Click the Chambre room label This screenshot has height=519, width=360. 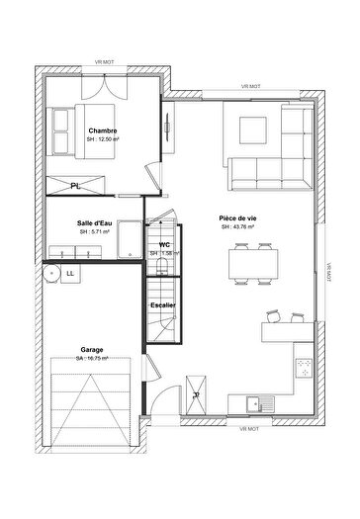pyautogui.click(x=103, y=130)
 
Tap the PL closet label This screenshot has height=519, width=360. pyautogui.click(x=76, y=185)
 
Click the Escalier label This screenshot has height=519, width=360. pyautogui.click(x=163, y=304)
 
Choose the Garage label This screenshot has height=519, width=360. pyautogui.click(x=94, y=349)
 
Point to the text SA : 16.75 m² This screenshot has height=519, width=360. pyautogui.click(x=94, y=358)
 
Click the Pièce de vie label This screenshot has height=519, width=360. pyautogui.click(x=238, y=217)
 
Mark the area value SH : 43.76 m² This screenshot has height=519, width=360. pyautogui.click(x=238, y=227)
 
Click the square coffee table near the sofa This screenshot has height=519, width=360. pyautogui.click(x=250, y=129)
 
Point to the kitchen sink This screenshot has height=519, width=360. pyautogui.click(x=255, y=402)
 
